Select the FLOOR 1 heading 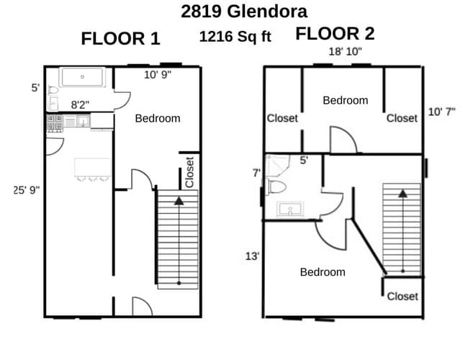click(x=120, y=39)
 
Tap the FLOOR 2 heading click(x=335, y=34)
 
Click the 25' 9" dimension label click(x=27, y=190)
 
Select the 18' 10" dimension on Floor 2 click(x=345, y=52)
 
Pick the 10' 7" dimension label click(x=441, y=112)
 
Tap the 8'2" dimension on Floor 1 click(x=80, y=104)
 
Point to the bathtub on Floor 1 click(x=83, y=77)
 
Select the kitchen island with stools click(x=92, y=169)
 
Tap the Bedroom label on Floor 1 click(x=158, y=118)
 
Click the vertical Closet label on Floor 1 click(x=189, y=173)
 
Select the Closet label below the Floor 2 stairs click(x=402, y=296)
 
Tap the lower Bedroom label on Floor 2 click(x=322, y=272)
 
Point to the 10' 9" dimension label click(x=158, y=74)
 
